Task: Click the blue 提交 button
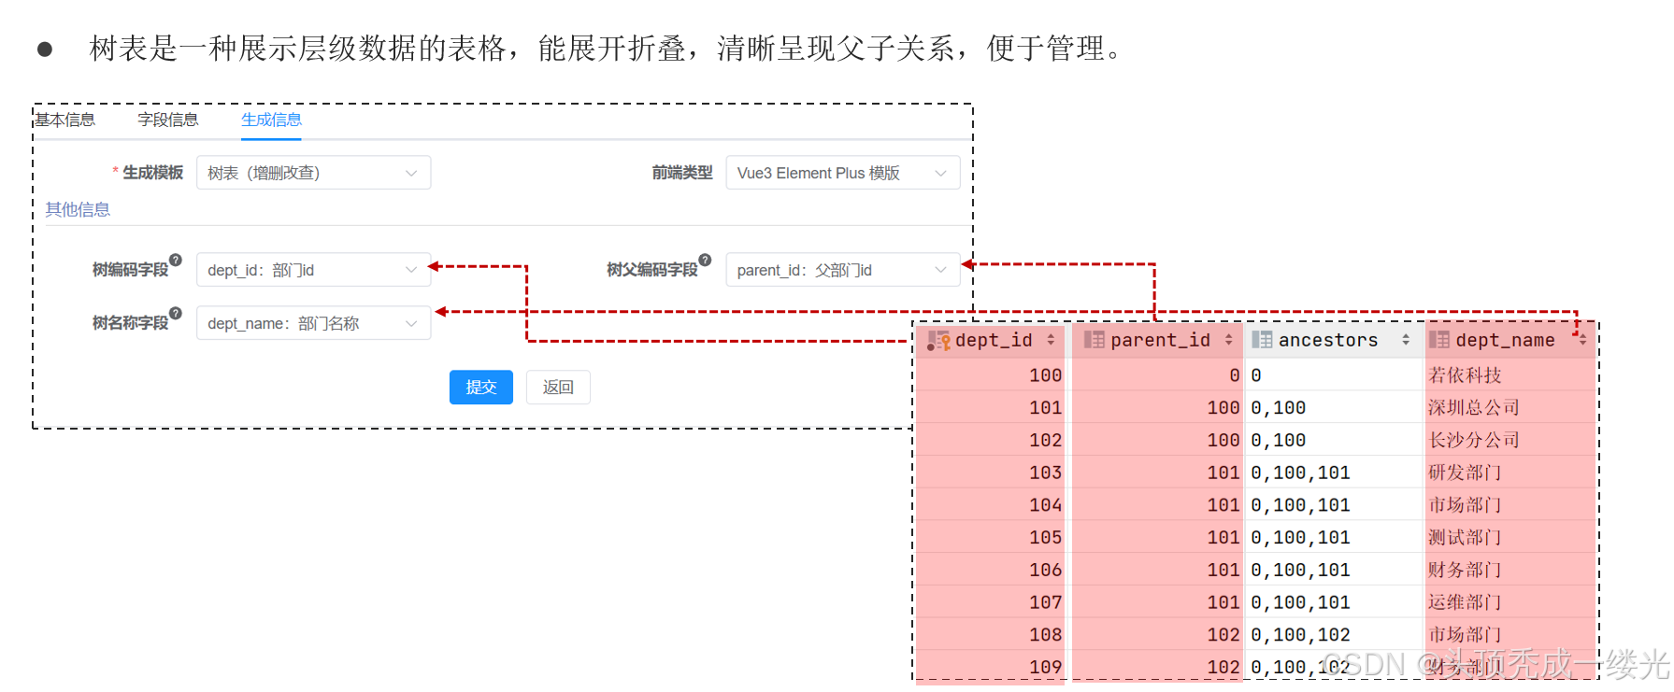click(x=480, y=388)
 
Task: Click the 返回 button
click(x=558, y=388)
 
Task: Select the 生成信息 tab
click(x=271, y=120)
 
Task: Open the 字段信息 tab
click(x=168, y=120)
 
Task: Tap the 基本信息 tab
click(x=66, y=120)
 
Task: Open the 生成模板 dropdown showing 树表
click(x=313, y=173)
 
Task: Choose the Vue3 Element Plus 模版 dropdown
click(x=842, y=173)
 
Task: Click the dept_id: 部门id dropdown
click(x=313, y=270)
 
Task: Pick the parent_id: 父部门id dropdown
click(x=842, y=270)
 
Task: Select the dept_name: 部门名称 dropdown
click(x=313, y=323)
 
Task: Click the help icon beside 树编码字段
click(x=176, y=261)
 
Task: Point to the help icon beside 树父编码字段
click(x=705, y=261)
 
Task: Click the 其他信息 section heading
click(x=79, y=209)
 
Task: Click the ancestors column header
click(x=1328, y=341)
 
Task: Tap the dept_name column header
click(x=1505, y=341)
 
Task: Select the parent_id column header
click(x=1160, y=341)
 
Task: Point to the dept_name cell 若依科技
click(x=1465, y=375)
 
